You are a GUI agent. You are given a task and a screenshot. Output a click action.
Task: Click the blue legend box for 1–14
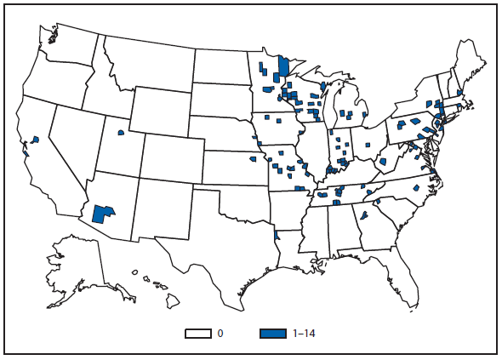coord(273,334)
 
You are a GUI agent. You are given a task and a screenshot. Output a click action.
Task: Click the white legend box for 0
coord(197,334)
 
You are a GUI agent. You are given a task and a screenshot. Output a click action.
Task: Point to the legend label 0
coord(220,334)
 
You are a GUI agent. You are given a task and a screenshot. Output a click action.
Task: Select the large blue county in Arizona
coord(103,213)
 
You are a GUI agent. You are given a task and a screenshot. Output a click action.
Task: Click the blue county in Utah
coord(121,133)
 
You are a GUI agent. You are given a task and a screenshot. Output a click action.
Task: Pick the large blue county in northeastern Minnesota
coord(284,68)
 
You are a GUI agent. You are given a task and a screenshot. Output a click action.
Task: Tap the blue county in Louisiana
coord(277,234)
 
